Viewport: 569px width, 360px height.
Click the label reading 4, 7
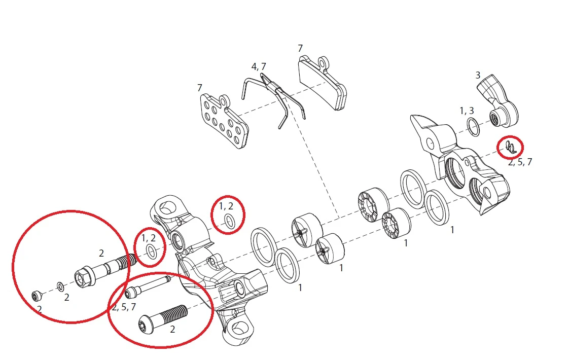click(259, 67)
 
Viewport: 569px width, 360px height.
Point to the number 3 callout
click(478, 75)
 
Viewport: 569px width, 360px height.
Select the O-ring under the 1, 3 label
click(473, 127)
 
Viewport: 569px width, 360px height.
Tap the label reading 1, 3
click(467, 111)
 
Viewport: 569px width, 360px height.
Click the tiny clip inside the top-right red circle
click(510, 146)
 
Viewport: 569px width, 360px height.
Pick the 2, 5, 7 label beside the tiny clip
click(520, 162)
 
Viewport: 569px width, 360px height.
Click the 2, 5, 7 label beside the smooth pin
click(124, 307)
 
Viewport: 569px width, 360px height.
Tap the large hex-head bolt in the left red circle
click(105, 270)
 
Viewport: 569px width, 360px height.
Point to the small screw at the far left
click(37, 296)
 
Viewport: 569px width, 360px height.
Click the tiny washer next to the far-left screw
click(60, 286)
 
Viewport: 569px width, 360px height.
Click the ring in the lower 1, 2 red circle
click(152, 251)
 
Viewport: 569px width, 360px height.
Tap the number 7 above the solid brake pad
click(300, 48)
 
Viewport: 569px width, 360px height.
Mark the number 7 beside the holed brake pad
click(200, 88)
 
